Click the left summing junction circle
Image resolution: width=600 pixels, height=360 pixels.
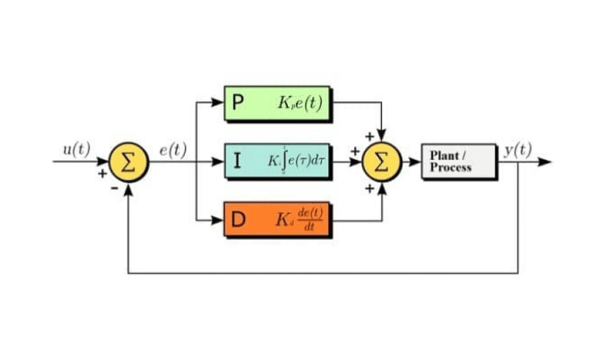tap(128, 162)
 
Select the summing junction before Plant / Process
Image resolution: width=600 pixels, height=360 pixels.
tap(381, 162)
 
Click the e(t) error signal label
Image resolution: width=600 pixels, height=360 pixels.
tap(172, 149)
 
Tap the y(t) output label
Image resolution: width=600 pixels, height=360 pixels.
tap(519, 149)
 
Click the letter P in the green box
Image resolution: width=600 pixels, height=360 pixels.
tap(238, 104)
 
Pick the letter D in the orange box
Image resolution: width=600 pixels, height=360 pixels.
tap(239, 220)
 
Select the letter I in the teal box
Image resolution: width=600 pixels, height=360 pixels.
tap(238, 162)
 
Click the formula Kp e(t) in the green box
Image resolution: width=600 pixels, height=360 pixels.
tap(300, 104)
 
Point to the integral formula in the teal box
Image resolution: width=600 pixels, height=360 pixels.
tap(296, 162)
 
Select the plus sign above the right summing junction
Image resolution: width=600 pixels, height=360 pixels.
tap(368, 135)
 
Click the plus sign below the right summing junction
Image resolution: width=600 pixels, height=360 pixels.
tap(368, 188)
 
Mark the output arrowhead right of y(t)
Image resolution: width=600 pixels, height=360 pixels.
tap(544, 162)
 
